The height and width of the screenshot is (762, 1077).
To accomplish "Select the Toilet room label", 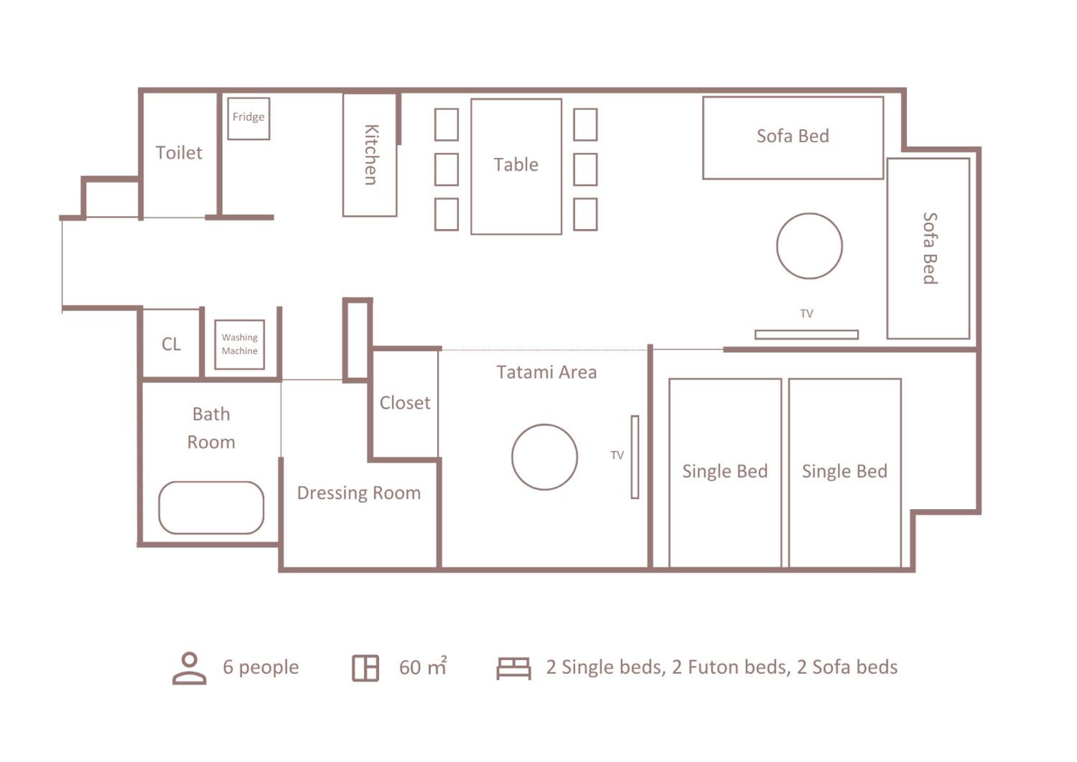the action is click(x=179, y=153).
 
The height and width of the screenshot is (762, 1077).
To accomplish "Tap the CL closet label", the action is click(x=171, y=344).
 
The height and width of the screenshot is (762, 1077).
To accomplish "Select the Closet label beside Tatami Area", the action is click(x=405, y=403).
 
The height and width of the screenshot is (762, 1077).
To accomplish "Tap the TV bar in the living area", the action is click(x=807, y=335).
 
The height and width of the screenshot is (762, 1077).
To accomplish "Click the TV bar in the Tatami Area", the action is click(x=635, y=457).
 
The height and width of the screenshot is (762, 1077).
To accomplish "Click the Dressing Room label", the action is click(x=359, y=493).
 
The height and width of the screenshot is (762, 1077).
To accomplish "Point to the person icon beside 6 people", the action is click(x=189, y=668).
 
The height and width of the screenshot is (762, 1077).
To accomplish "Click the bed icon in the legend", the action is click(x=513, y=668).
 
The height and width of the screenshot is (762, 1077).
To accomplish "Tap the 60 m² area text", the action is click(x=423, y=667).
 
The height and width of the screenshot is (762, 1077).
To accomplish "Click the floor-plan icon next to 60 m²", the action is click(x=365, y=668).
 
